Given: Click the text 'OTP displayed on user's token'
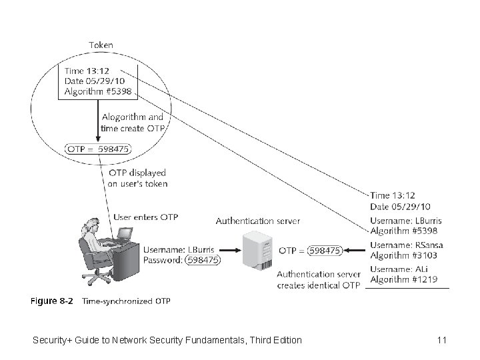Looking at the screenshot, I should point(138,178).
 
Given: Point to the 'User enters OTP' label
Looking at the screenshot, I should point(146,217).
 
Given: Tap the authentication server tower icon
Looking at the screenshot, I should point(257,250).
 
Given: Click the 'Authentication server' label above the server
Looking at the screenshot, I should point(257,221).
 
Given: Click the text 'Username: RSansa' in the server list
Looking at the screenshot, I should point(406,245).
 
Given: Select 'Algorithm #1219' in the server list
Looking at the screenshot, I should point(404,279).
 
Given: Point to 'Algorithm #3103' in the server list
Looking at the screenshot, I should point(404,255).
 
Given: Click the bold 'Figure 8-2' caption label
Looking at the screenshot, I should point(52,301).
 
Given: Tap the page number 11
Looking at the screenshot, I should point(441,340).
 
